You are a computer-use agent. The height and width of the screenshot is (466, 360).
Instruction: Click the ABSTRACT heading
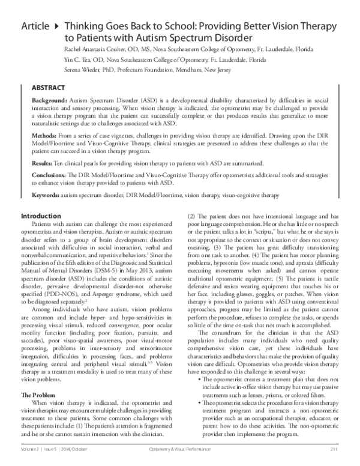[49, 87]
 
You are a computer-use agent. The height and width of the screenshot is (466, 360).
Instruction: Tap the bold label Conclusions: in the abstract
[50, 174]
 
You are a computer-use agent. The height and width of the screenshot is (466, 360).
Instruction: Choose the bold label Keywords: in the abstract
[46, 195]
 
